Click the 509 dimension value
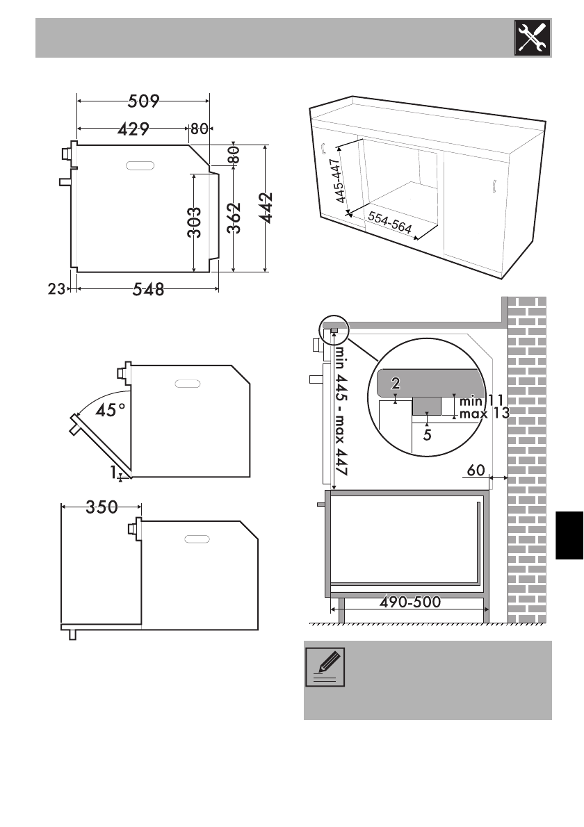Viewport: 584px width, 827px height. pyautogui.click(x=143, y=101)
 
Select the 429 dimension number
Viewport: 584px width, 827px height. pyautogui.click(x=133, y=129)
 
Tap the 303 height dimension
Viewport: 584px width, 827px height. pyautogui.click(x=194, y=222)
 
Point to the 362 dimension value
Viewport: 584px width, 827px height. pyautogui.click(x=234, y=218)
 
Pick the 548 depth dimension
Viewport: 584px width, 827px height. pyautogui.click(x=148, y=289)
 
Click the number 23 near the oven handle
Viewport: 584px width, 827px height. pyautogui.click(x=56, y=288)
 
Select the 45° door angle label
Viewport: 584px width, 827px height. pyautogui.click(x=111, y=409)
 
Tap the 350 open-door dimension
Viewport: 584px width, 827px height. pyautogui.click(x=102, y=507)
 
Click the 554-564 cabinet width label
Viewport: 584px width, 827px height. pyautogui.click(x=390, y=222)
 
